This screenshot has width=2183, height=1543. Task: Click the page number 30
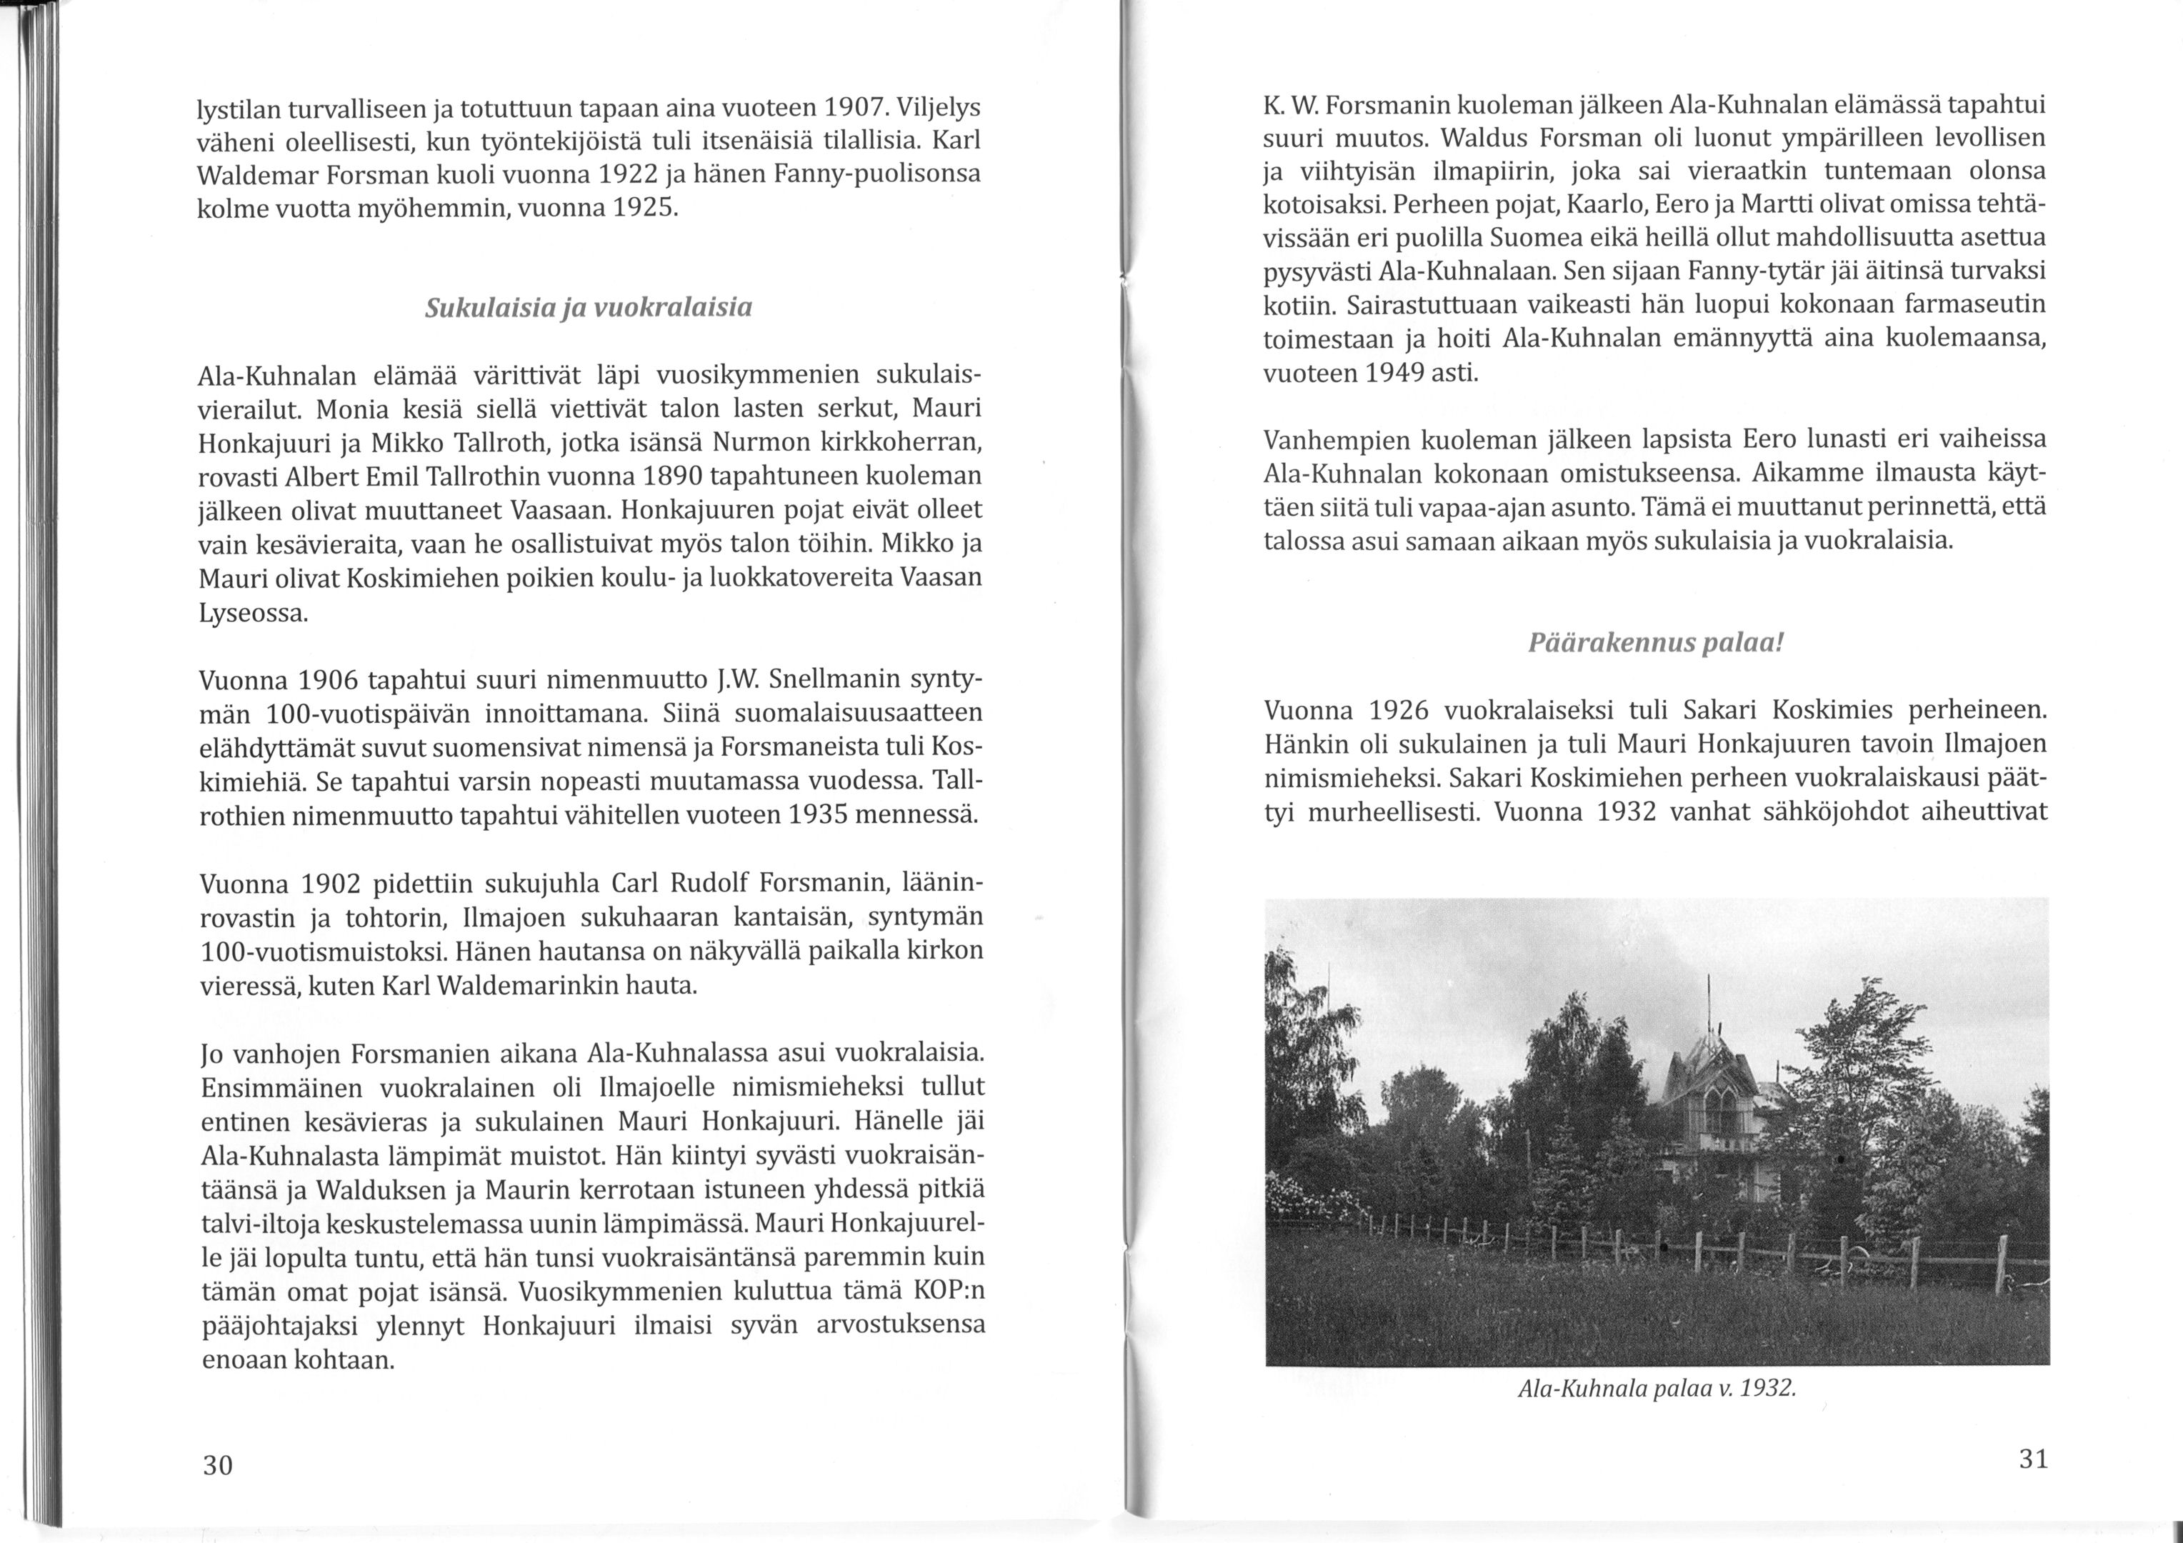tap(218, 1465)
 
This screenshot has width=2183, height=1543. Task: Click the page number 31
tap(2033, 1459)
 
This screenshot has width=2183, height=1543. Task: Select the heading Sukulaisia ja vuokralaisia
tap(589, 308)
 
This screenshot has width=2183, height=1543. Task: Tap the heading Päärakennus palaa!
tap(1654, 644)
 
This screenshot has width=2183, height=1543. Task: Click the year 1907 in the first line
tap(855, 106)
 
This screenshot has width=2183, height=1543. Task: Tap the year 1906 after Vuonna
tap(328, 681)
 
